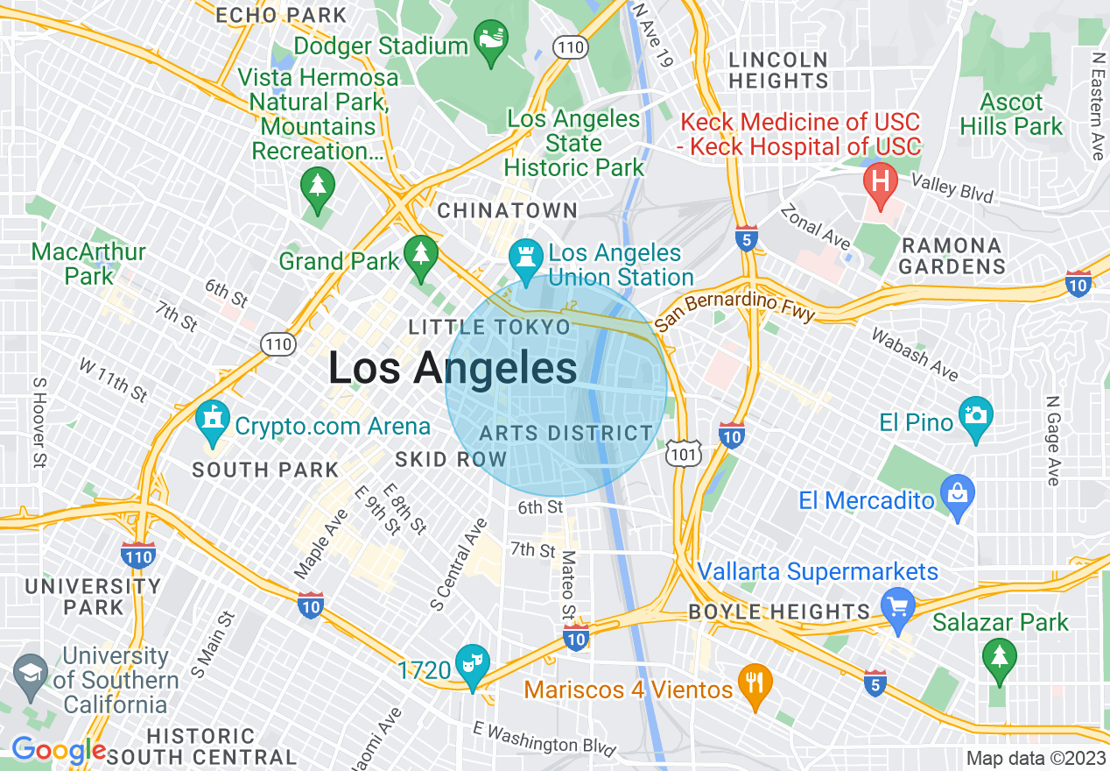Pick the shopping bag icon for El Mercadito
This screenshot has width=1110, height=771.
tap(958, 492)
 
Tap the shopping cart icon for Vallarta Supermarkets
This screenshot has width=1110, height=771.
tap(898, 605)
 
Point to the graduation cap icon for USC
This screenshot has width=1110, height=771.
tap(32, 674)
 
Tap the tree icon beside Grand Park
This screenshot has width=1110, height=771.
tap(421, 254)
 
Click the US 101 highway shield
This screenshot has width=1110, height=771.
tap(680, 452)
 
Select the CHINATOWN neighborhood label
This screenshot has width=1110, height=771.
tap(507, 210)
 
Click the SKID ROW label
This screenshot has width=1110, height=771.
tap(451, 459)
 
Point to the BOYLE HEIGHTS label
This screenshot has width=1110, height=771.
tap(780, 612)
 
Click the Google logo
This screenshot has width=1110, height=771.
tap(58, 751)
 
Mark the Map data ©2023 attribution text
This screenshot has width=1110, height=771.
tap(1034, 758)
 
